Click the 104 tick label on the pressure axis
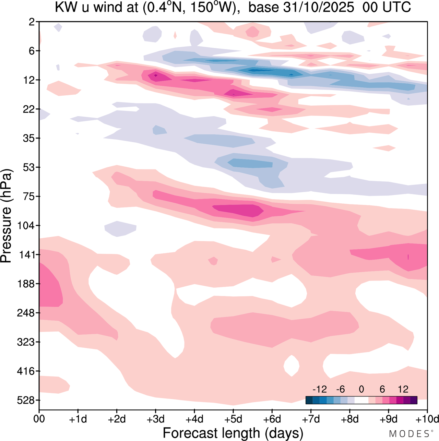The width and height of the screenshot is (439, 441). (27, 226)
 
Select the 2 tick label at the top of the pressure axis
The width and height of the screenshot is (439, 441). (32, 22)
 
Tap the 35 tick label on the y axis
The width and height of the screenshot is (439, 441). (29, 138)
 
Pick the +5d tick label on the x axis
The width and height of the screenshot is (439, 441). (233, 419)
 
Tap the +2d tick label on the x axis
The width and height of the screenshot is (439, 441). (117, 419)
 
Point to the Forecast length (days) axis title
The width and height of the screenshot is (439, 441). (233, 433)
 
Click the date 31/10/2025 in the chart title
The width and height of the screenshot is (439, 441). (318, 8)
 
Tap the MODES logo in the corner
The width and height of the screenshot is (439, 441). (409, 433)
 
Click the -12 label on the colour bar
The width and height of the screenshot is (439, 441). (320, 389)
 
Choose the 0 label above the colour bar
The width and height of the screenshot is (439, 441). (361, 389)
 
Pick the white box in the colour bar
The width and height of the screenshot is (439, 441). (361, 400)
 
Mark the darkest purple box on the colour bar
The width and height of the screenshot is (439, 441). (414, 400)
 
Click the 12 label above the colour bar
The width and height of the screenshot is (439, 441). (403, 389)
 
